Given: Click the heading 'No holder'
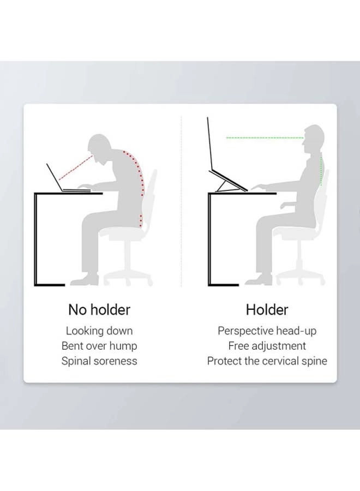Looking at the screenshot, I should (99, 310).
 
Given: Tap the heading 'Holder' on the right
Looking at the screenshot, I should (267, 310).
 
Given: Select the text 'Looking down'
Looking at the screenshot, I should (99, 331).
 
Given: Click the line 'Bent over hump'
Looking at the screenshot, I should (99, 346).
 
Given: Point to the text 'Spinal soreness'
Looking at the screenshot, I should (99, 361).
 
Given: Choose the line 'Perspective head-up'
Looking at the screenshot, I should (267, 331).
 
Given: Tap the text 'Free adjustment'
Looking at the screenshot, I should (267, 346).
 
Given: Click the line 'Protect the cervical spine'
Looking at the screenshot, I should (267, 361).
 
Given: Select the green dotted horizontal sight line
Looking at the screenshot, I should (265, 138).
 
